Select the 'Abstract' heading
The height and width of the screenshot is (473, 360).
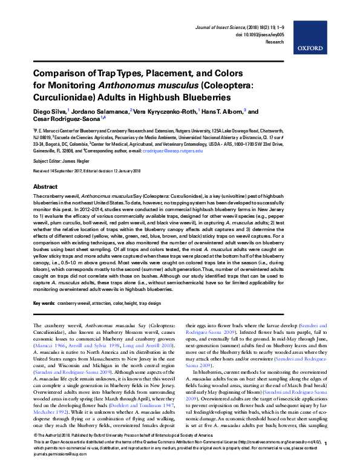(45, 187)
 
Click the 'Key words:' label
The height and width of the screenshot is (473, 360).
(44, 302)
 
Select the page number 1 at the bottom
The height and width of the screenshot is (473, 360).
(326, 460)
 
